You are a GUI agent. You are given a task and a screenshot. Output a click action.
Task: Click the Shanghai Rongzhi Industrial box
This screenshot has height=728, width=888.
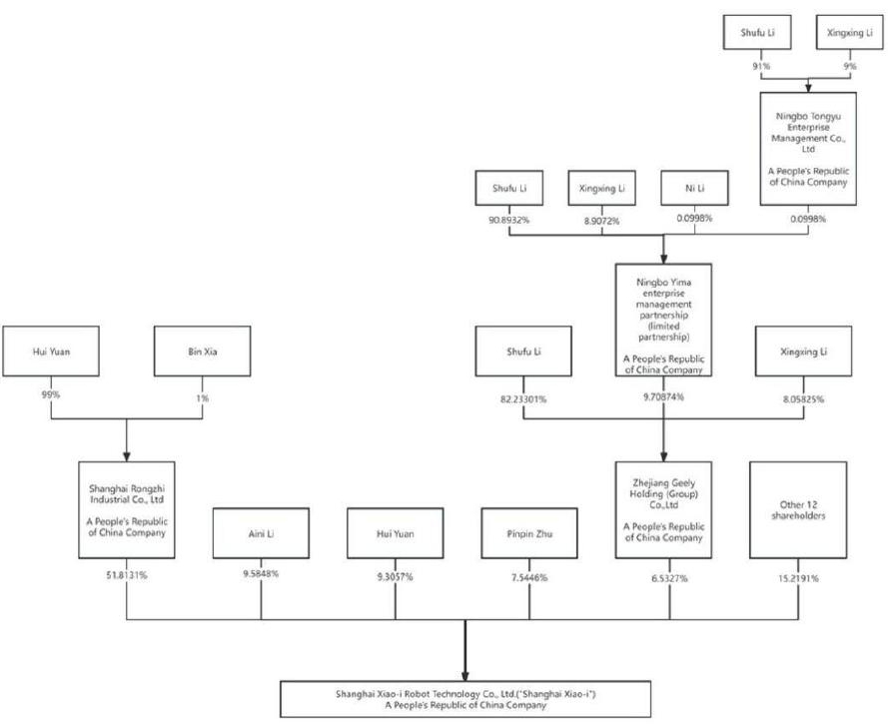126,509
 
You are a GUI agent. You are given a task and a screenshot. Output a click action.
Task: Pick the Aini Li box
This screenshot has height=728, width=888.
262,534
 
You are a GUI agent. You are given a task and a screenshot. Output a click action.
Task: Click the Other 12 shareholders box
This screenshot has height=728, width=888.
798,509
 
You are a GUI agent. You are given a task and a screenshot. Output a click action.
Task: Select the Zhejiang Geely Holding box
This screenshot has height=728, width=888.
663,509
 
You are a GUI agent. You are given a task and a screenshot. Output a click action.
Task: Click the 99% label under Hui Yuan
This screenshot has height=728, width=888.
50,395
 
